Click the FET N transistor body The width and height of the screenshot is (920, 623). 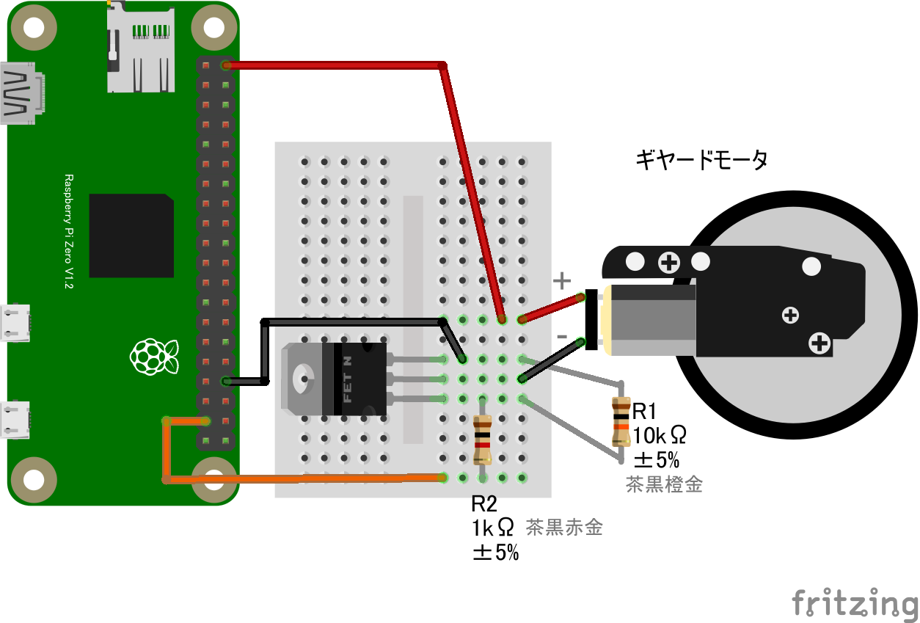[x=359, y=379]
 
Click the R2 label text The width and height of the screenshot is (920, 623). [x=484, y=503]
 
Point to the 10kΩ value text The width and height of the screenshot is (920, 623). [x=660, y=435]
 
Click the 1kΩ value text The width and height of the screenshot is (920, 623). [x=493, y=528]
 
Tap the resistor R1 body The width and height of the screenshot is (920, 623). [x=621, y=421]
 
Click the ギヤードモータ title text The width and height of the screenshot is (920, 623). [x=701, y=159]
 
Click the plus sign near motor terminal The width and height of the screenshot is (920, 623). [x=561, y=280]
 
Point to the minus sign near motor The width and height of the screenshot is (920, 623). [x=562, y=336]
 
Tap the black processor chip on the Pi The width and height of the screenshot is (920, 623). [x=131, y=236]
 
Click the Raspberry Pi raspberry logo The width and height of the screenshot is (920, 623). [x=154, y=355]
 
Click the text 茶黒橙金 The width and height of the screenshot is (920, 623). [x=664, y=484]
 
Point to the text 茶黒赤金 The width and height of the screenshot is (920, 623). [x=564, y=527]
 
